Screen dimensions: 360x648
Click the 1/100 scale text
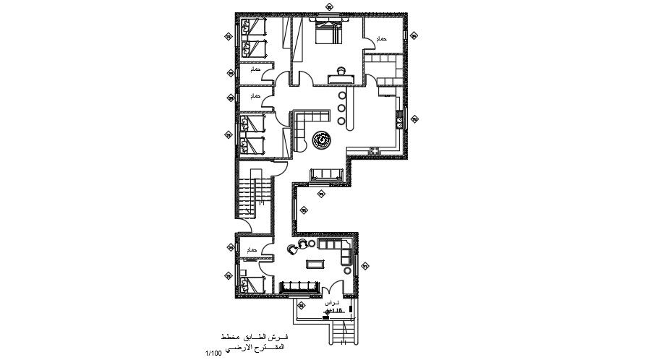213,352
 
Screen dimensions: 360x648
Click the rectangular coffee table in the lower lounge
315,263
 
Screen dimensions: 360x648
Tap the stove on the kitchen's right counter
398,118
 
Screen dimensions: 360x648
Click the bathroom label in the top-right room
381,38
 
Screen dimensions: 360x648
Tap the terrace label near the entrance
331,301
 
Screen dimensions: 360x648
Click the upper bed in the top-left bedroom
255,28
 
